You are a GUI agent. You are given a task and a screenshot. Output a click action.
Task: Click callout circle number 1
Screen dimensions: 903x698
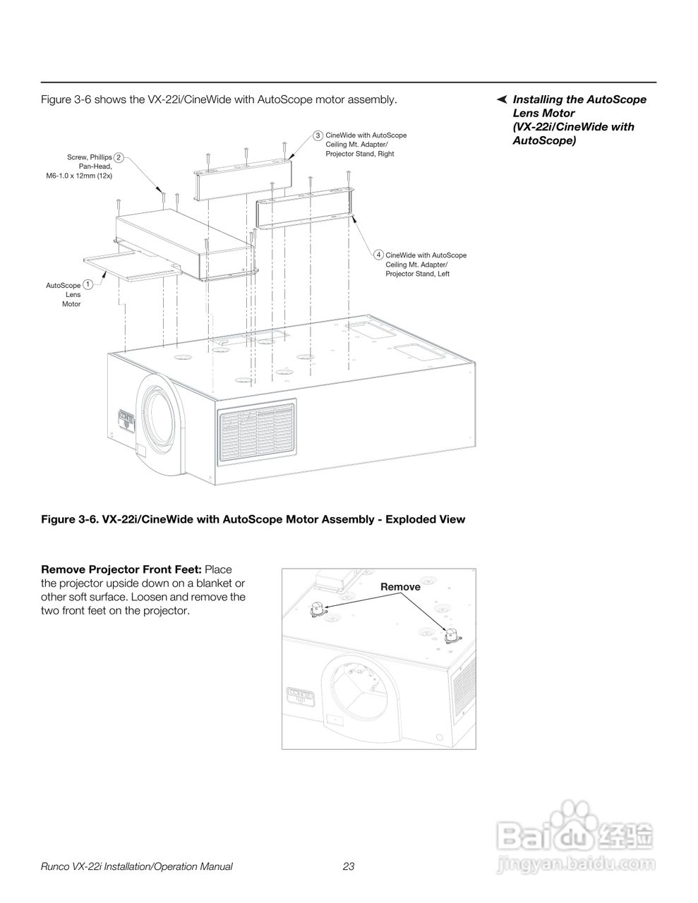[x=88, y=284]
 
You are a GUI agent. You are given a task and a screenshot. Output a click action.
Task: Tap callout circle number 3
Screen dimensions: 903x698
[x=318, y=135]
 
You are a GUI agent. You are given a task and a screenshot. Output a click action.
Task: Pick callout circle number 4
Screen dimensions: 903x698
[x=379, y=255]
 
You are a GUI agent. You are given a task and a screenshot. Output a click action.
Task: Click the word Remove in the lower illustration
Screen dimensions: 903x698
[x=400, y=587]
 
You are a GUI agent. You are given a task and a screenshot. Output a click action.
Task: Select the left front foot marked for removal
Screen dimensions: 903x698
[x=317, y=608]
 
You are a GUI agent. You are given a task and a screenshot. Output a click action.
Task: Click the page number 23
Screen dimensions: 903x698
[x=348, y=867]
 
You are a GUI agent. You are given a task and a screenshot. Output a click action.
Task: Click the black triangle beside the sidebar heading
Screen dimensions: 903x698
[x=501, y=98]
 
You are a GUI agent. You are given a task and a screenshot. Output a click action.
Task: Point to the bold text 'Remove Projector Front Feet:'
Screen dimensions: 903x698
[x=121, y=569]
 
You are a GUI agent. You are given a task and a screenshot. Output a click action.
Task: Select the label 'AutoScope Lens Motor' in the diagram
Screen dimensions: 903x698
[x=64, y=294]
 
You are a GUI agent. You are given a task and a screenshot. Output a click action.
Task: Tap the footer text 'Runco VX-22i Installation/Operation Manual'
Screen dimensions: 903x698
[x=137, y=867]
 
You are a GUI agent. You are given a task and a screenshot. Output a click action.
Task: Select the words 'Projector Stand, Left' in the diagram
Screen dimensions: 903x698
[x=417, y=274]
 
